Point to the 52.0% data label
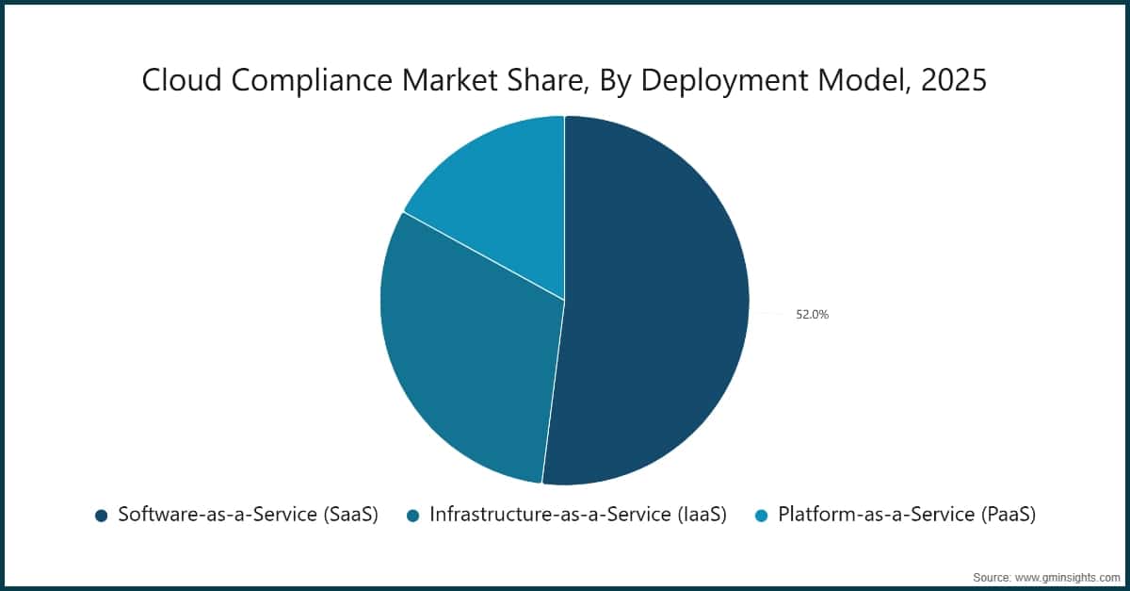tap(812, 315)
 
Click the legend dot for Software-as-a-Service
tap(101, 516)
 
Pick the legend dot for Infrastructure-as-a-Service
tap(412, 516)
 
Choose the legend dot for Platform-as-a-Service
tap(761, 516)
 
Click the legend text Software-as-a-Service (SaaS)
tap(248, 515)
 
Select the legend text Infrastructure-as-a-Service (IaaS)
tap(578, 515)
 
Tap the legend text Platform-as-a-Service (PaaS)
tap(906, 515)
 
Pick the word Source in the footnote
tap(993, 576)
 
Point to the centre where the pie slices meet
tap(564, 301)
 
